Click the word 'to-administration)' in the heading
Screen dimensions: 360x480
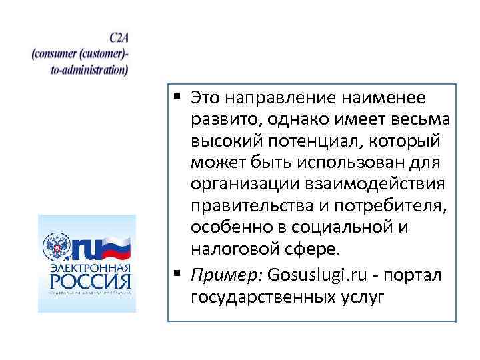89,67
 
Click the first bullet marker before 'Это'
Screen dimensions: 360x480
179,97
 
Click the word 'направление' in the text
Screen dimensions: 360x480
265,98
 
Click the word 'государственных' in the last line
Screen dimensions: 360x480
261,295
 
